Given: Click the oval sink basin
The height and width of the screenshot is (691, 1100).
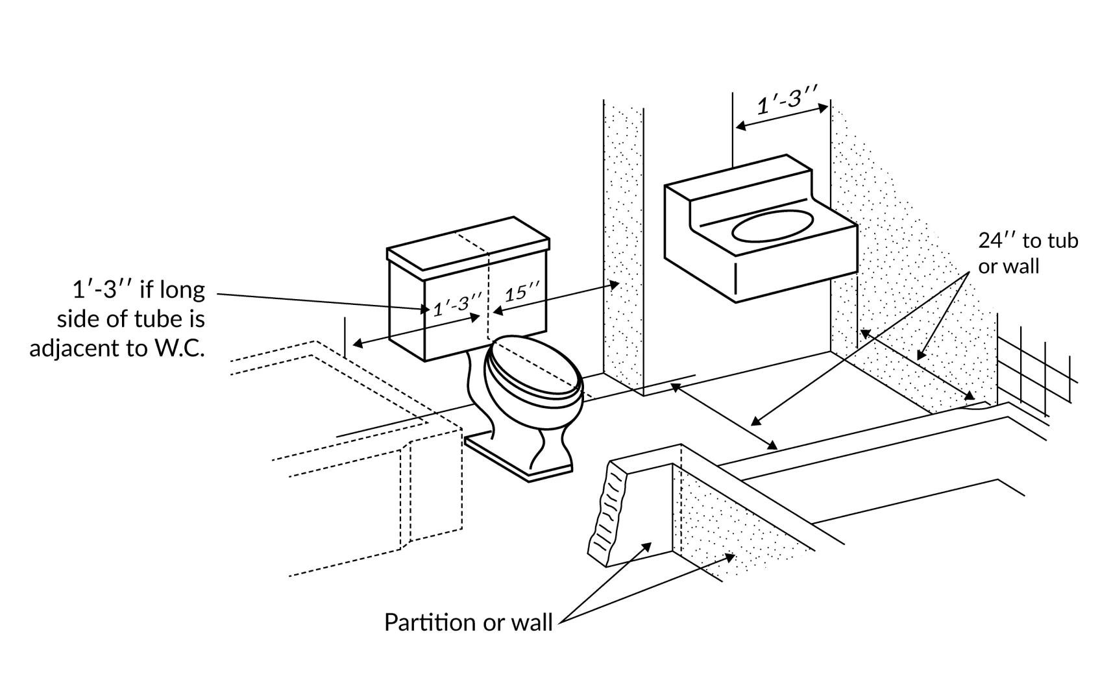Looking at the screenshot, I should coord(773,225).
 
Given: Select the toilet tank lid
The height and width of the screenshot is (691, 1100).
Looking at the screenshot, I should coord(467,243).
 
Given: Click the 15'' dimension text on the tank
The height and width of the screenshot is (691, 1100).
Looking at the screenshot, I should coord(522,293).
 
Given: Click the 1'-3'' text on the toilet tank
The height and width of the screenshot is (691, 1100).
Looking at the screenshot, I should coord(458,303).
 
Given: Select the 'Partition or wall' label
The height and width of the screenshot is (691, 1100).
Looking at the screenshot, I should coord(468,622).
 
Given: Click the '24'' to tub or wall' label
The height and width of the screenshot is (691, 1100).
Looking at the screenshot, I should coord(1027,253).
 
